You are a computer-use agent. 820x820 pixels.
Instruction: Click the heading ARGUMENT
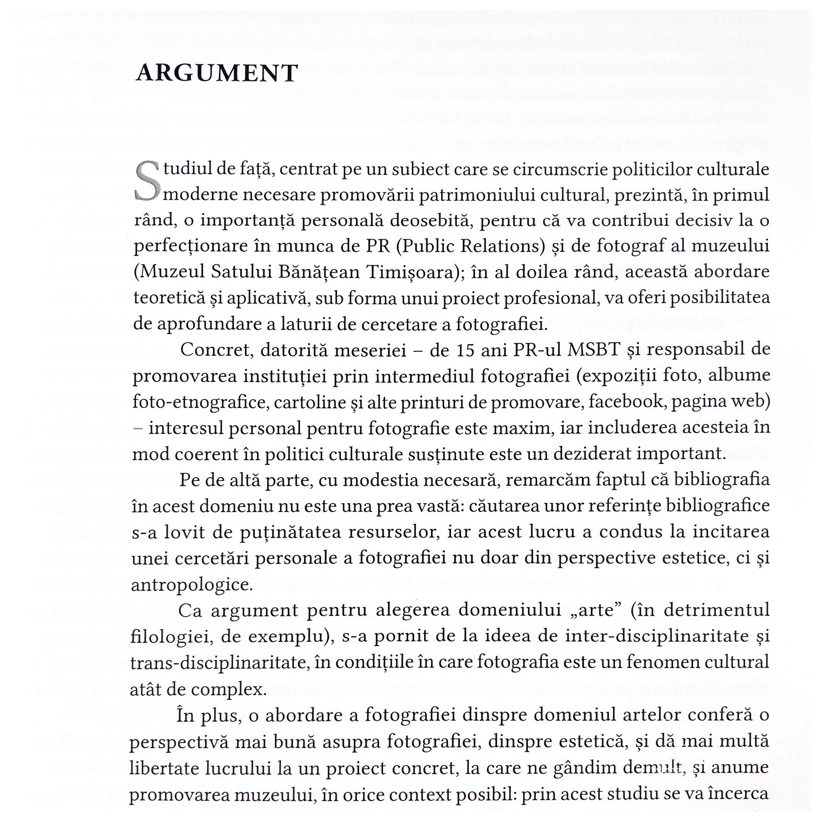pyautogui.click(x=217, y=73)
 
